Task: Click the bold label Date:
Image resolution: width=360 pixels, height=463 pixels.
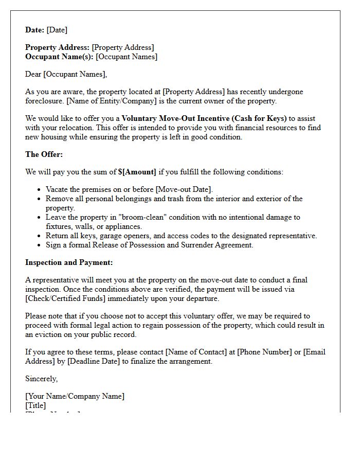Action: [34, 30]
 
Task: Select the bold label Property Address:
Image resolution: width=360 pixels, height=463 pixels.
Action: [57, 47]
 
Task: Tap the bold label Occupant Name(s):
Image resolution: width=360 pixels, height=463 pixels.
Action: [59, 57]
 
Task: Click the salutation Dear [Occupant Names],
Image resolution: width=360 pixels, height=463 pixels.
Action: [66, 74]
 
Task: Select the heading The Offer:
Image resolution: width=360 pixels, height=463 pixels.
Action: [44, 154]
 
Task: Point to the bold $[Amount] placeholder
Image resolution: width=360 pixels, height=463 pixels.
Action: [137, 172]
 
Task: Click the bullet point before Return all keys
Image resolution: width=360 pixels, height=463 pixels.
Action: [40, 236]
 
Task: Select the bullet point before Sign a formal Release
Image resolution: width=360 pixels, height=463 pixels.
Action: [40, 245]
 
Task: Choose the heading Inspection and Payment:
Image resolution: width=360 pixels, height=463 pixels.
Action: [69, 262]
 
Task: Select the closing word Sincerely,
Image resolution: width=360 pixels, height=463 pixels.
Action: [42, 379]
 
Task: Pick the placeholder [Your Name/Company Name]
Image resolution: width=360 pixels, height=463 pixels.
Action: [75, 396]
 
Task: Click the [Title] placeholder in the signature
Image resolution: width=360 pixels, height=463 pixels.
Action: [35, 405]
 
